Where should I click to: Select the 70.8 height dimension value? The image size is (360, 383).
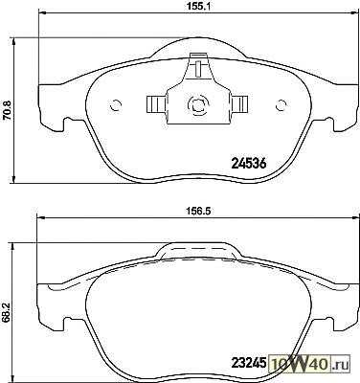point(7,110)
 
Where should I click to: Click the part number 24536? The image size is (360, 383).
point(248,164)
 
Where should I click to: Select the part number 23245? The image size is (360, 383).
point(249,363)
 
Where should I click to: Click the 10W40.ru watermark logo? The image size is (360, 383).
point(309,363)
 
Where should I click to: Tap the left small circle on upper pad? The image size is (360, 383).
point(116,104)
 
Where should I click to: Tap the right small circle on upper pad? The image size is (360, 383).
point(281,104)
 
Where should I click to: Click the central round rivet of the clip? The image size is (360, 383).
point(198,104)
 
